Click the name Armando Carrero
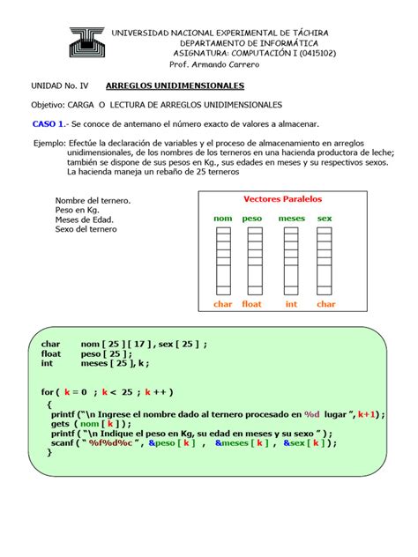(231, 64)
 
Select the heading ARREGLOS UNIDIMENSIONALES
(175, 86)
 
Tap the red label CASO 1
(49, 124)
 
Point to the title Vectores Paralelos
(282, 199)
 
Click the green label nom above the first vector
(223, 218)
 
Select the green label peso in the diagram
(252, 218)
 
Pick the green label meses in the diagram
(291, 218)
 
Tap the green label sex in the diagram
(325, 218)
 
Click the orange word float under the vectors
(252, 304)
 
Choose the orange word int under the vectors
(291, 304)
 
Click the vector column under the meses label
(291, 261)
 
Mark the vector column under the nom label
(224, 261)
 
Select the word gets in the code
(61, 424)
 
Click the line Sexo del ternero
(86, 229)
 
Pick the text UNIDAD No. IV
(60, 86)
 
